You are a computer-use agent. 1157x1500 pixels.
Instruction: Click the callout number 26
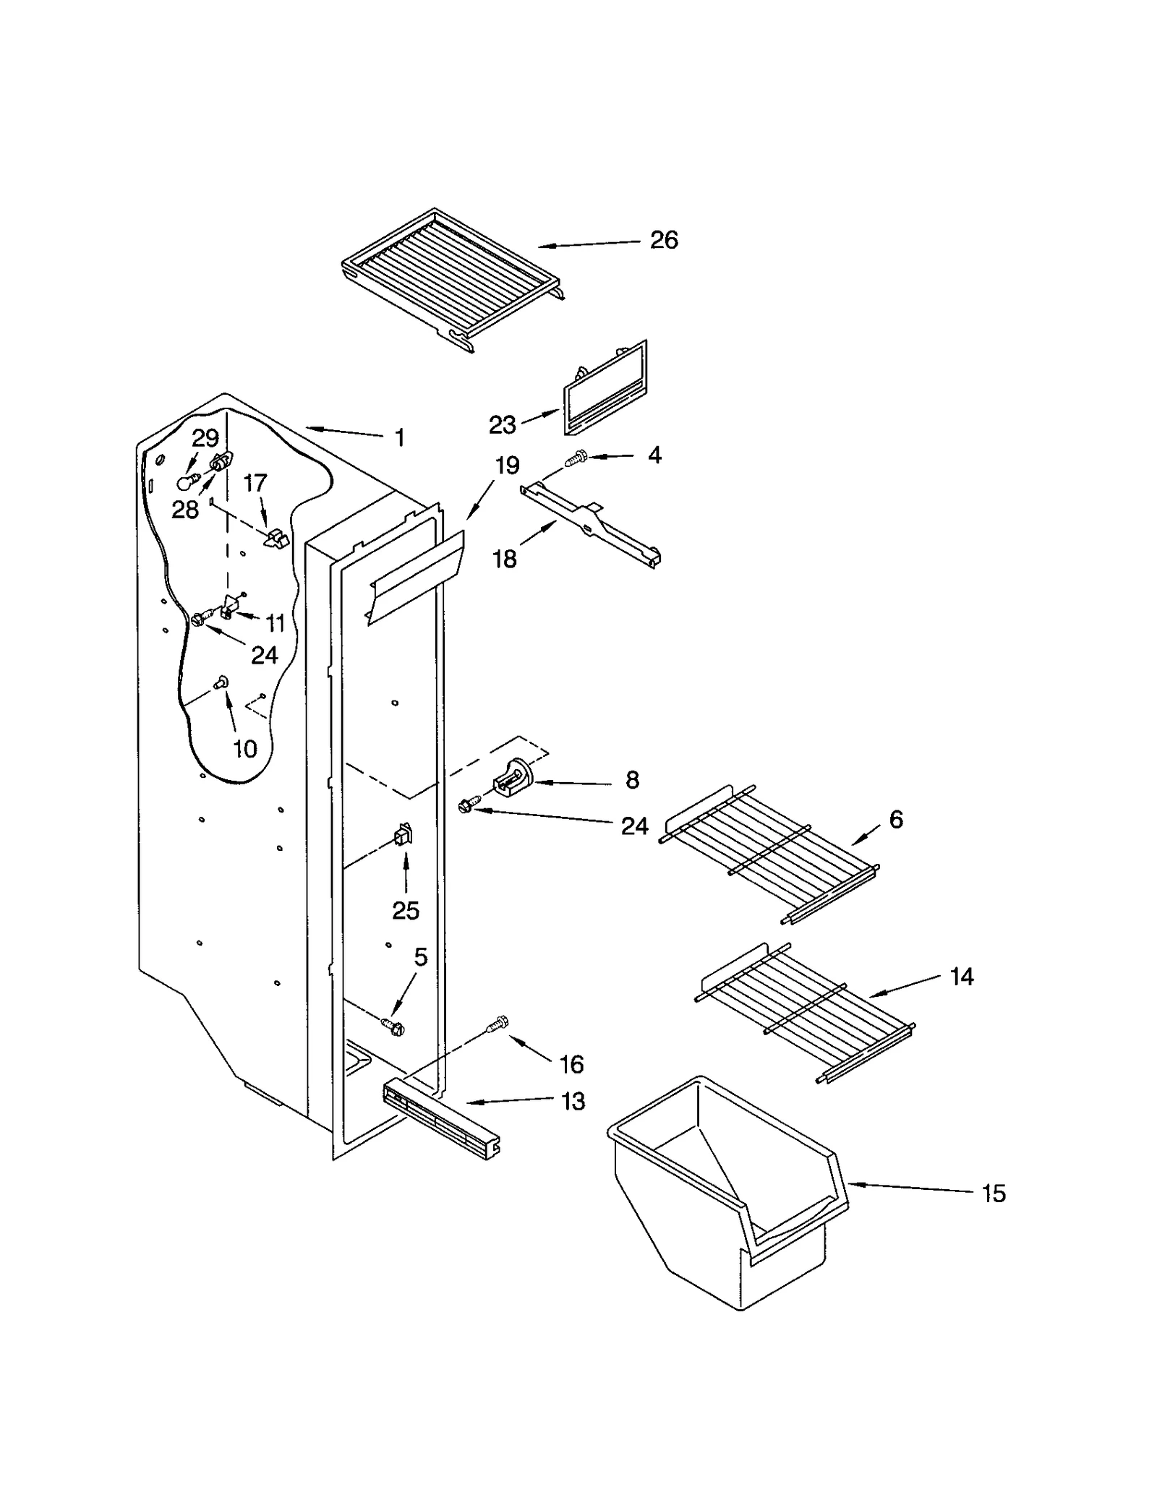663,240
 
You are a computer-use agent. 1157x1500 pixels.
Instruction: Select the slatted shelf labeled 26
452,278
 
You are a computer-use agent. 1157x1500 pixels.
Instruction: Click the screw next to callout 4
576,457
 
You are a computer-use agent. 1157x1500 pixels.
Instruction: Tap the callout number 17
255,483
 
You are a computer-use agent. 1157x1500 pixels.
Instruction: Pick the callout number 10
245,749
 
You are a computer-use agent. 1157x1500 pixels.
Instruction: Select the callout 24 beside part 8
634,826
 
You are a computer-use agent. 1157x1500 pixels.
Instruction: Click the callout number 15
994,1193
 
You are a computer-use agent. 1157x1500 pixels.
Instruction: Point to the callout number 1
399,437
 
